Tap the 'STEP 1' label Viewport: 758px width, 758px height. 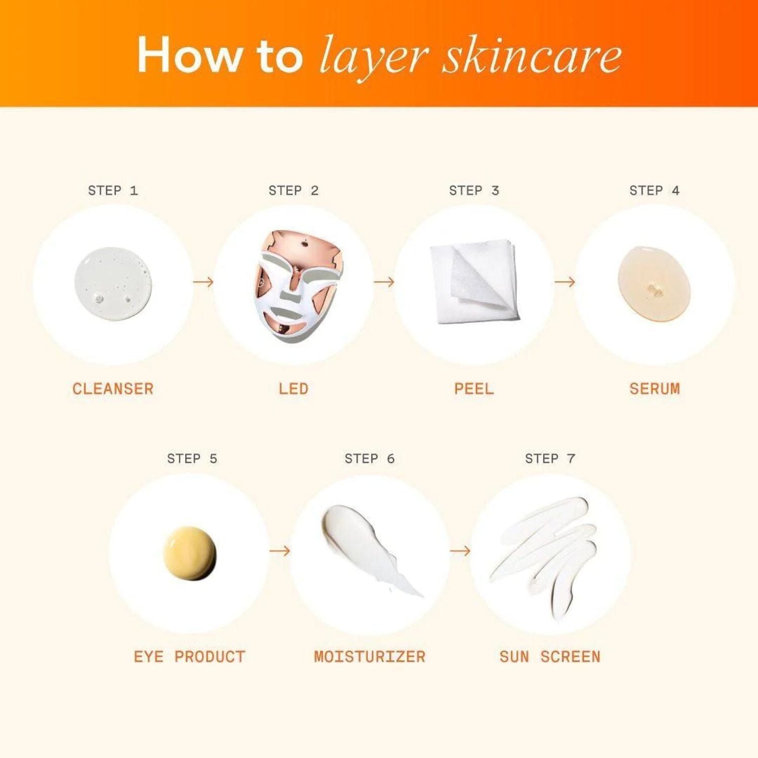113,191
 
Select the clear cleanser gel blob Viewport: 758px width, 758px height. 113,283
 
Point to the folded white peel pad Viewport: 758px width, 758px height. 474,281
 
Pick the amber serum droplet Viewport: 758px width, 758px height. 654,283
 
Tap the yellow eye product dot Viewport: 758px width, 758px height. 189,553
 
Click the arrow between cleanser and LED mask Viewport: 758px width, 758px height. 203,282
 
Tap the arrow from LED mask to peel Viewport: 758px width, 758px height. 384,282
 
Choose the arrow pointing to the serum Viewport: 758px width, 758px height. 564,282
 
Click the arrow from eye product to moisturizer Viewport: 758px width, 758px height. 279,550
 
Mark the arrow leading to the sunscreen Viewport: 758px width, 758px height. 460,550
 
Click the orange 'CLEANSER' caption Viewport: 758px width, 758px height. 113,389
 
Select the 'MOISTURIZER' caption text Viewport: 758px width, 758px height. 369,656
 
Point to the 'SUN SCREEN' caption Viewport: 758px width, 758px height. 550,656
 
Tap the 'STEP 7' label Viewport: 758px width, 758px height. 550,458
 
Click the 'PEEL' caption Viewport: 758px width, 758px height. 474,389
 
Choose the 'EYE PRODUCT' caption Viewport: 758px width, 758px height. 189,656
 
